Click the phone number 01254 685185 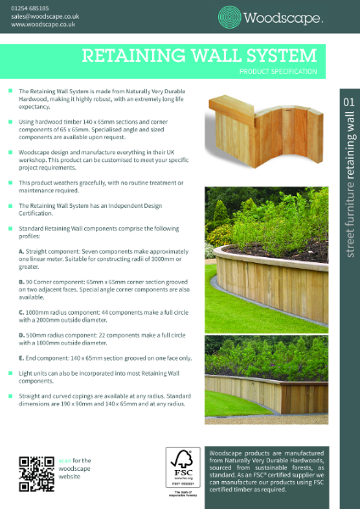pyautogui.click(x=31, y=7)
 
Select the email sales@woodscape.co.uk pyautogui.click(x=43, y=16)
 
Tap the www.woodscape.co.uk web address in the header pyautogui.click(x=40, y=25)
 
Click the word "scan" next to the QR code pyautogui.click(x=67, y=459)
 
